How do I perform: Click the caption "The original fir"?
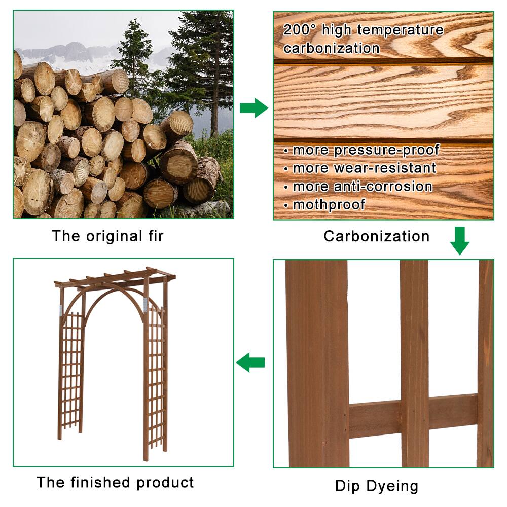pos(107,236)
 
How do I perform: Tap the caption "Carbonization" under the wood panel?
pos(376,236)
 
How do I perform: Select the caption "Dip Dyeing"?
pos(376,486)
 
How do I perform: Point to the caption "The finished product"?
pos(115,482)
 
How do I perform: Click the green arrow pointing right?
pos(253,108)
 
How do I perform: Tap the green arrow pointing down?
pos(459,241)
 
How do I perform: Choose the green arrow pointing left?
pos(250,363)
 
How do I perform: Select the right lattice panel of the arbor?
pos(155,375)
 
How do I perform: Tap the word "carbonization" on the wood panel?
pos(332,49)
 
